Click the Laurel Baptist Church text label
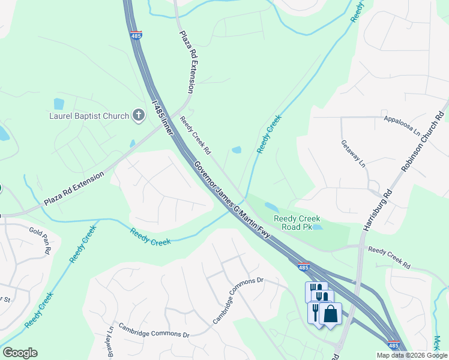[x=89, y=116]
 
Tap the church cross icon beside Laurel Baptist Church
[x=139, y=115]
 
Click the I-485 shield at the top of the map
[x=136, y=35]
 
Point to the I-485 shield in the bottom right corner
[x=394, y=346]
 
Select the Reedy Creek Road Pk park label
[x=297, y=223]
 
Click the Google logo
[x=20, y=353]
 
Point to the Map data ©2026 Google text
[x=411, y=355]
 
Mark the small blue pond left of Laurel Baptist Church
[x=59, y=104]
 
